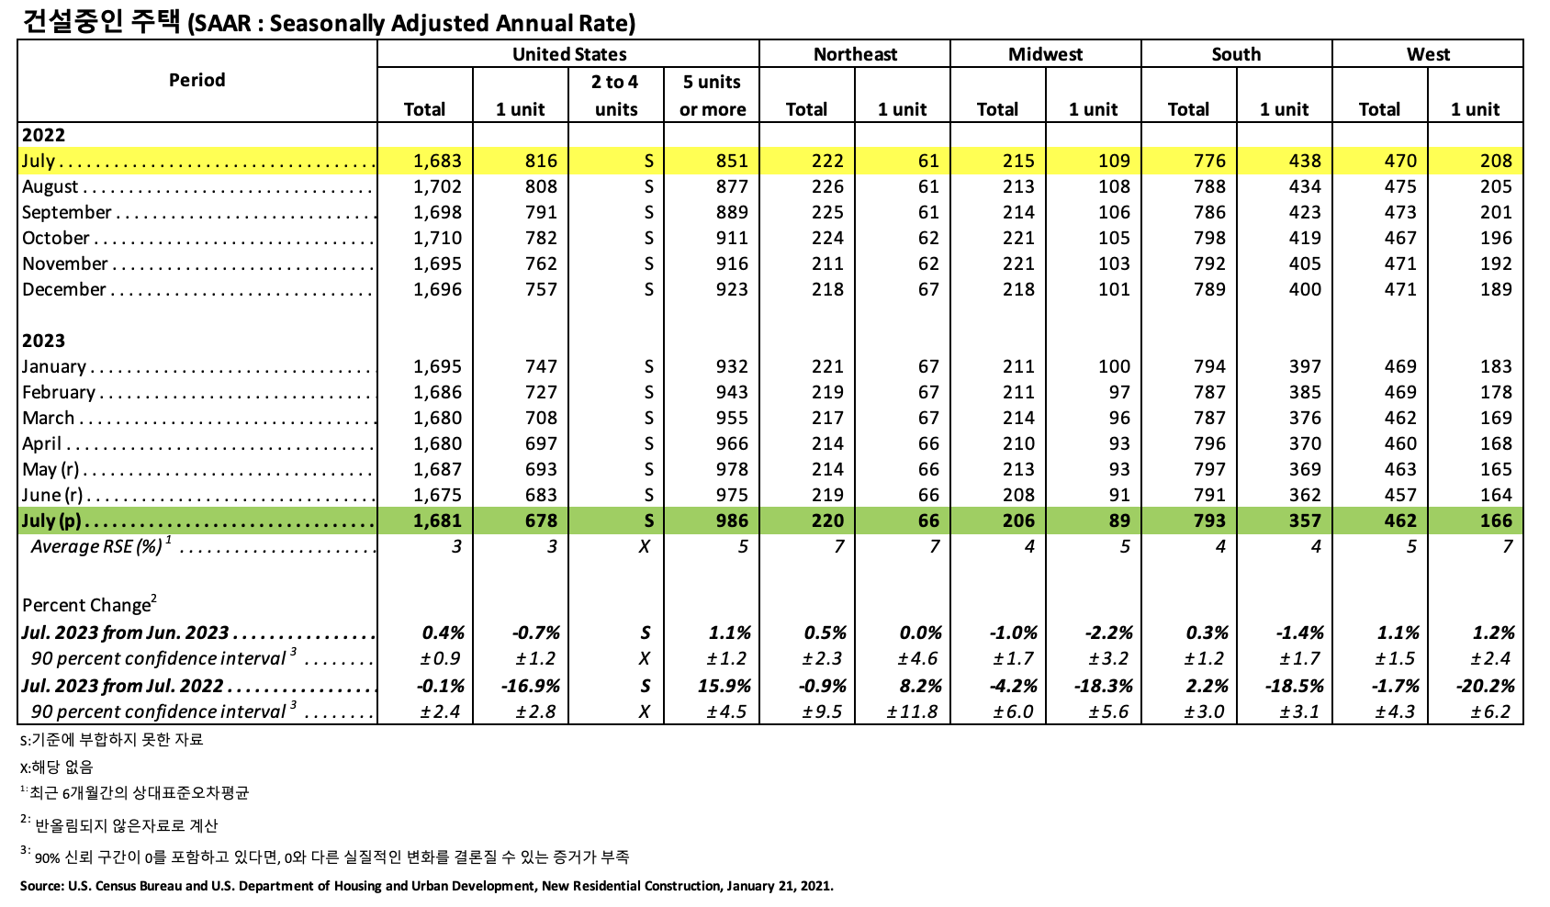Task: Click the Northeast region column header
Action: point(855,54)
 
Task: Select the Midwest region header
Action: point(1045,54)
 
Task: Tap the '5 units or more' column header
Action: point(712,95)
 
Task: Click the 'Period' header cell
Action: point(197,80)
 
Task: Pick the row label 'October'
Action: point(56,238)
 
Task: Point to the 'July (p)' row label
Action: point(51,521)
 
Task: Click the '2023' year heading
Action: point(43,341)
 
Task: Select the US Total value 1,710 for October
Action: point(437,238)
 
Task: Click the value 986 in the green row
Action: point(732,521)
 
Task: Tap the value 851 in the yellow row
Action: point(732,161)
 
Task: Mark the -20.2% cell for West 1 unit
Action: point(1485,686)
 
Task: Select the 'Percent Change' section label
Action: point(87,605)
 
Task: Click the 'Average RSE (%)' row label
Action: point(97,547)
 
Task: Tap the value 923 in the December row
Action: point(732,289)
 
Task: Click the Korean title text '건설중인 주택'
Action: point(100,21)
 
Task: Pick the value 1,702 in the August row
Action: point(437,186)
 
